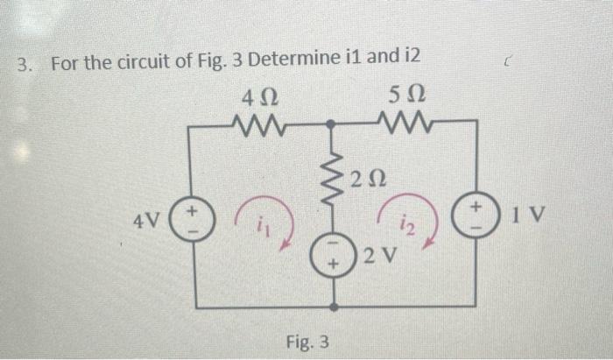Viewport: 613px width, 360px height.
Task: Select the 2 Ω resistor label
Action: (363, 181)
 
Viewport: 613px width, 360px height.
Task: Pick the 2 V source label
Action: (381, 258)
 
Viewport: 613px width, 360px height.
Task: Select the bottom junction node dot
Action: (334, 307)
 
